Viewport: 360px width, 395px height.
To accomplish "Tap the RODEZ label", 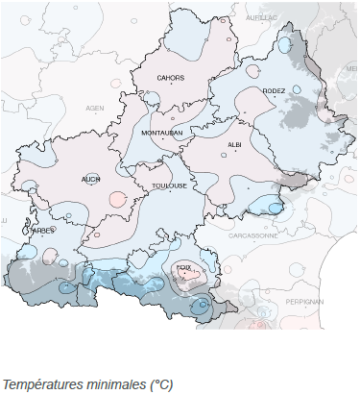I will (274, 91).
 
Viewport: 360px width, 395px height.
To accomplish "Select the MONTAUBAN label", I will (161, 133).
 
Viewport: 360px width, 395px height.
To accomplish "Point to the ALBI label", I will (234, 144).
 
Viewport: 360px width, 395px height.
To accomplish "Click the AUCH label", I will (91, 179).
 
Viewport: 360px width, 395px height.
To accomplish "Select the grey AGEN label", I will (94, 109).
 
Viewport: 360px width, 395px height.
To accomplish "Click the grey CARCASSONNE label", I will (253, 235).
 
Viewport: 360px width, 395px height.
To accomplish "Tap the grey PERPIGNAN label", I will (304, 302).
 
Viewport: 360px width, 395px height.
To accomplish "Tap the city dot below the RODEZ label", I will (274, 100).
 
